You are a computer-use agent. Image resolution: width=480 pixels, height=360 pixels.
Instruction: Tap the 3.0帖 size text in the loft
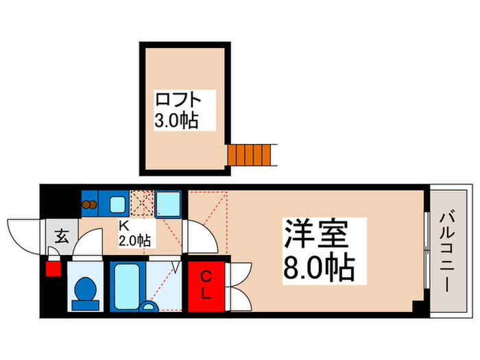click(176, 121)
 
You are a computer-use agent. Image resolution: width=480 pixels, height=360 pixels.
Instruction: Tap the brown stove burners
click(90, 203)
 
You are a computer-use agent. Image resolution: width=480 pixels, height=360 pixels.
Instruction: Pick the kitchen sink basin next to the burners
click(117, 204)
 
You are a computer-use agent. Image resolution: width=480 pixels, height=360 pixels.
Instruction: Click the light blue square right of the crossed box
click(168, 204)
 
